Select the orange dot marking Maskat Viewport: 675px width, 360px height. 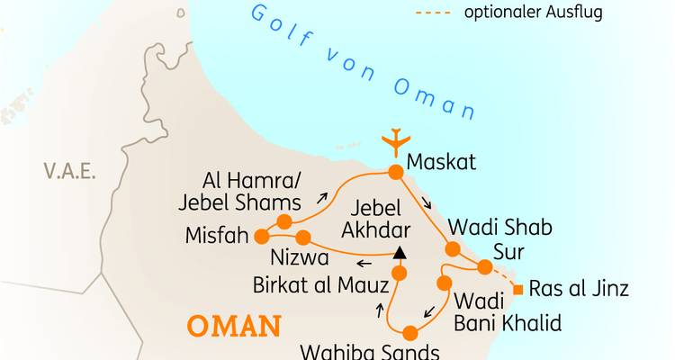coord(394,172)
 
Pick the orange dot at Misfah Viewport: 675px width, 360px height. coord(262,237)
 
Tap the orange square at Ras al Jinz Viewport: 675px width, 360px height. coord(517,289)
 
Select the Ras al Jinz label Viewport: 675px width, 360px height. coord(578,289)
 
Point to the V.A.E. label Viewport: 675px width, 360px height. coord(69,170)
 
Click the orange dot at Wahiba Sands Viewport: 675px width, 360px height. coord(409,332)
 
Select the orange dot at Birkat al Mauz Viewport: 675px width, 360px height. coord(399,273)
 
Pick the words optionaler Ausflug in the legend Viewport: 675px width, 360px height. coord(533,13)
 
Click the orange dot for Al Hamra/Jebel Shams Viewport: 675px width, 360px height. coord(284,221)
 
